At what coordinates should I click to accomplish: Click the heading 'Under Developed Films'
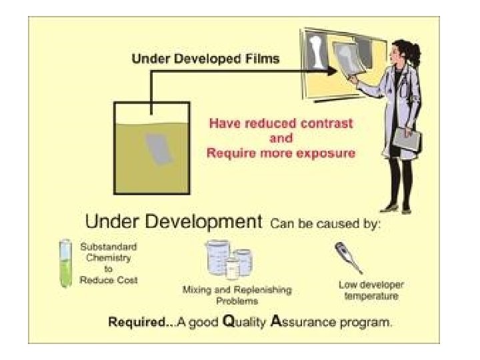(x=205, y=58)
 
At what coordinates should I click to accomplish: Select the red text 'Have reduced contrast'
(x=281, y=123)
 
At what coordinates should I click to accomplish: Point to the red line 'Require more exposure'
(x=281, y=153)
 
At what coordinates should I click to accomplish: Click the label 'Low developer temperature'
(x=371, y=291)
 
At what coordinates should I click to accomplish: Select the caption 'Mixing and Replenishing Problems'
(x=237, y=295)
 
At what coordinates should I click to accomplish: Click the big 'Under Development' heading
(x=173, y=222)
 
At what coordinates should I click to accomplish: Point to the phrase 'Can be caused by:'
(x=325, y=223)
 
